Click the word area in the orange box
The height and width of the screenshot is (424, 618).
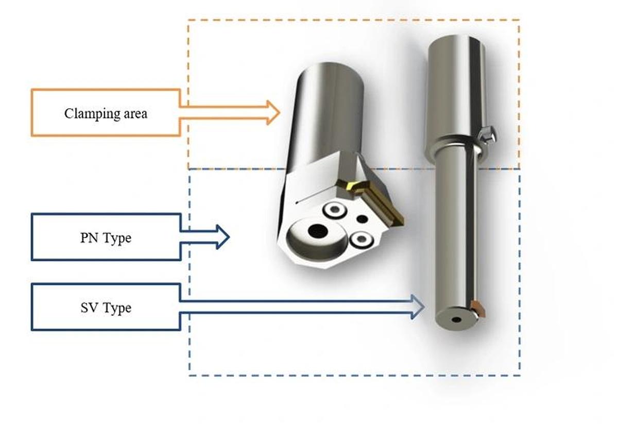tap(134, 113)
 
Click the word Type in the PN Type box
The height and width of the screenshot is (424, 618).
tap(117, 239)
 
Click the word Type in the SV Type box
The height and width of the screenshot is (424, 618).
tap(117, 309)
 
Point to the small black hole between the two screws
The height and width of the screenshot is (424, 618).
tap(363, 219)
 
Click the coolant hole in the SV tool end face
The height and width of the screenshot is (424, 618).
tap(456, 319)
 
